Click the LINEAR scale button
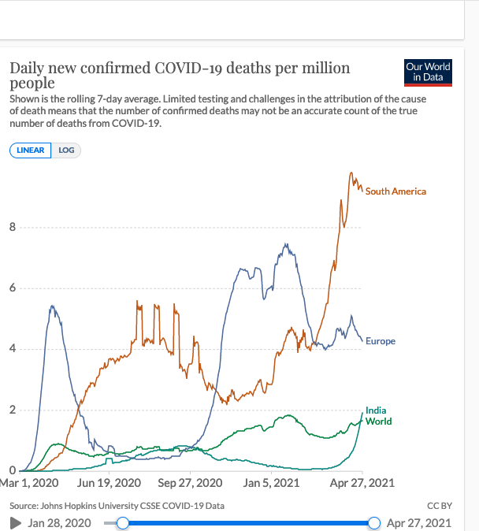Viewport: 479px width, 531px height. click(30, 150)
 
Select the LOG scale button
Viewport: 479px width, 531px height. click(66, 150)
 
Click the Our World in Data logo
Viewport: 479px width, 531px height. click(428, 72)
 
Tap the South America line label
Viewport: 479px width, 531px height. click(395, 191)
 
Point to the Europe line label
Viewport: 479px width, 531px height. click(381, 341)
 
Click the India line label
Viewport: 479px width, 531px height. click(376, 410)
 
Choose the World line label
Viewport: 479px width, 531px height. click(378, 421)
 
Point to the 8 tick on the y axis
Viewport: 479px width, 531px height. click(12, 228)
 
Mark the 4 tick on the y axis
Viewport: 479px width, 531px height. click(12, 350)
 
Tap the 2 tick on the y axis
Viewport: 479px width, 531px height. click(12, 410)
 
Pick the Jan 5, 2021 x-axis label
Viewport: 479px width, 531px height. click(272, 482)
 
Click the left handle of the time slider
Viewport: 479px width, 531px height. click(122, 523)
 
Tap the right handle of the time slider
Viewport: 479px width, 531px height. click(373, 523)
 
